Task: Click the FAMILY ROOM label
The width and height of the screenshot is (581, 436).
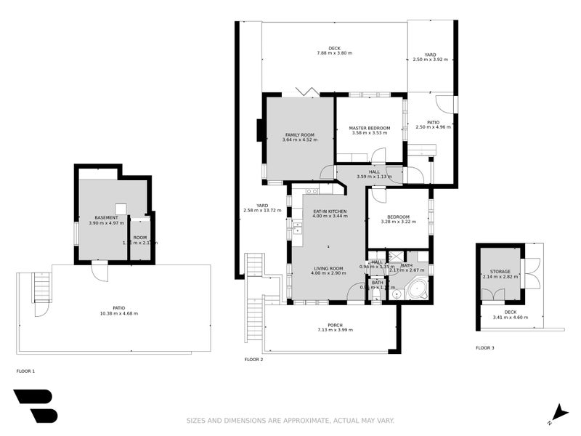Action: point(299,135)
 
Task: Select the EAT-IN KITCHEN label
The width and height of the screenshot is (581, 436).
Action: point(330,211)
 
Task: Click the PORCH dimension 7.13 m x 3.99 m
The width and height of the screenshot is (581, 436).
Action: point(336,331)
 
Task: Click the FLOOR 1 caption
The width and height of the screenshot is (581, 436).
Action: point(25,371)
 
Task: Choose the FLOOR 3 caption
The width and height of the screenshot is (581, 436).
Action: point(485,348)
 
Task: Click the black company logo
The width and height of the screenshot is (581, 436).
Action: point(35,405)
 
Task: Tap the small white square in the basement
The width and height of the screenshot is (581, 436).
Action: point(121,209)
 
